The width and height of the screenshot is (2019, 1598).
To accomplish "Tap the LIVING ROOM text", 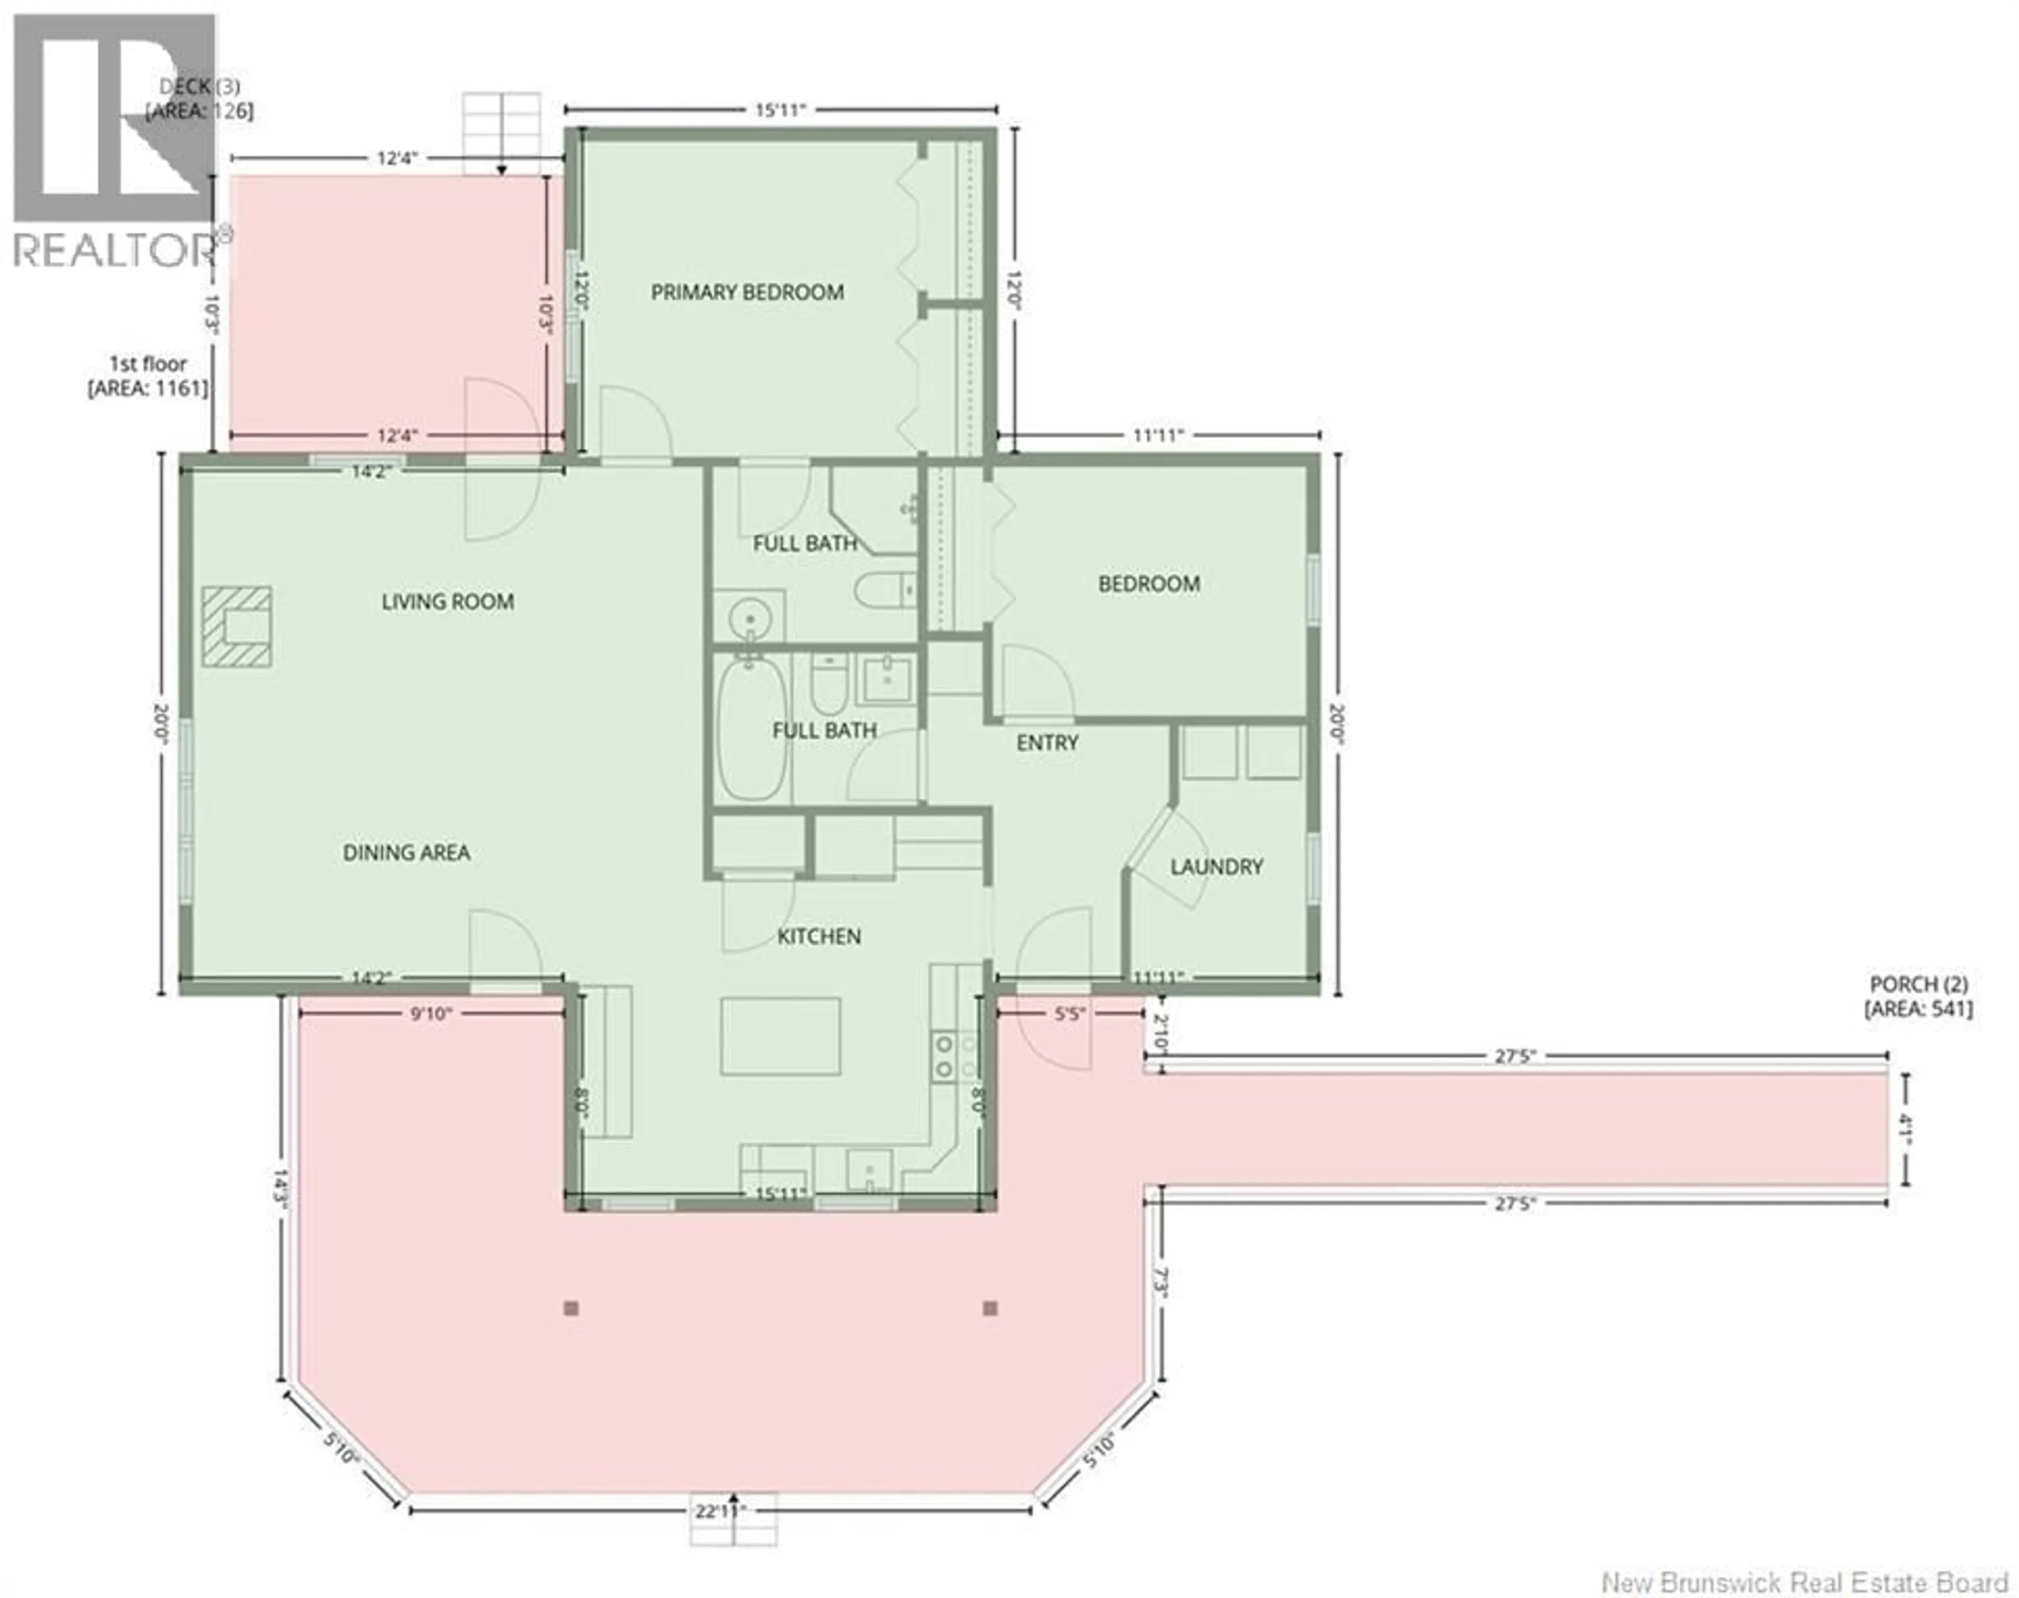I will tap(447, 601).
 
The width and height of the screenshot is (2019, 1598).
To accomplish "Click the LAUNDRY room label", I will tap(1216, 866).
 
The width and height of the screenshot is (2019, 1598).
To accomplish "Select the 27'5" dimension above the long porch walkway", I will tap(1515, 1056).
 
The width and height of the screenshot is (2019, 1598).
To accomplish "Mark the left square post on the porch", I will tap(572, 1308).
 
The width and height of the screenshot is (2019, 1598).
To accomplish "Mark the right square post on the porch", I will tap(991, 1308).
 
